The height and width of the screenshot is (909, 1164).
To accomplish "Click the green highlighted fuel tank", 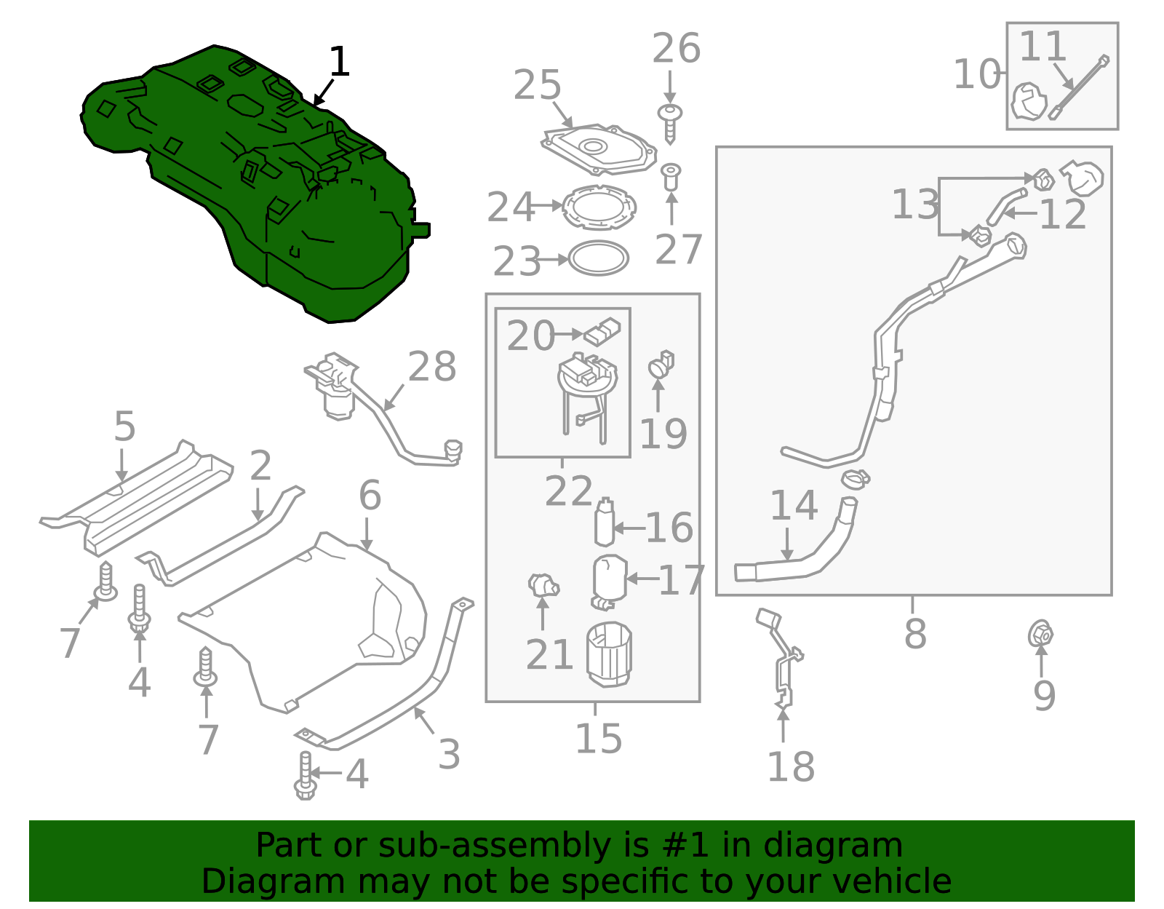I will [x=247, y=182].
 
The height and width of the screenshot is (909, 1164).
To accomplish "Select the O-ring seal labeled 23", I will [x=598, y=258].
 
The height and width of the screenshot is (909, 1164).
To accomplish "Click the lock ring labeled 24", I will [x=599, y=207].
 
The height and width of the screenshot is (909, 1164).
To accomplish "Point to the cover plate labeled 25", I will [x=598, y=149].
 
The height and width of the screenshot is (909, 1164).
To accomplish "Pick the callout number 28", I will [x=432, y=367].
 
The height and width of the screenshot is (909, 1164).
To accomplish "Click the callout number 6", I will [x=370, y=496].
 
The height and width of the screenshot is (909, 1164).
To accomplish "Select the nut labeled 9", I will [x=1040, y=635].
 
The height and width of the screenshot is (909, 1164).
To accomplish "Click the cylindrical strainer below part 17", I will [x=610, y=654].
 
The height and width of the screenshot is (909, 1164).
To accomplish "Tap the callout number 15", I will [x=598, y=739].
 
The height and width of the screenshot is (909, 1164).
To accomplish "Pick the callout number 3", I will [x=449, y=755].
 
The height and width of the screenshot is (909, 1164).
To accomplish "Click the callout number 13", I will [x=915, y=205].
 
